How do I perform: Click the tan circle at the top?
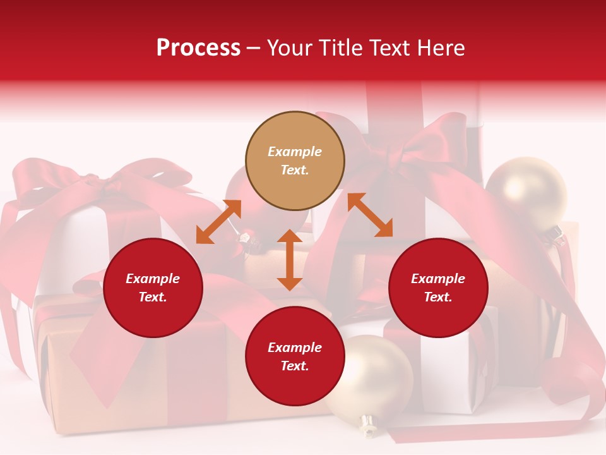(295, 161)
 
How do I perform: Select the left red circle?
(153, 288)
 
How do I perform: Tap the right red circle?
(438, 288)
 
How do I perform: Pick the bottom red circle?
(295, 356)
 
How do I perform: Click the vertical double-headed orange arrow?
(290, 260)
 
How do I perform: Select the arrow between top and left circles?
(218, 222)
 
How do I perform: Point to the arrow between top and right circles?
(371, 215)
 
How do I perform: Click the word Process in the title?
(198, 47)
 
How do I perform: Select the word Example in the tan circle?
(295, 152)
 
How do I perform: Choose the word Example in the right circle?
(438, 279)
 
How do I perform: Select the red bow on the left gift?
(95, 180)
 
